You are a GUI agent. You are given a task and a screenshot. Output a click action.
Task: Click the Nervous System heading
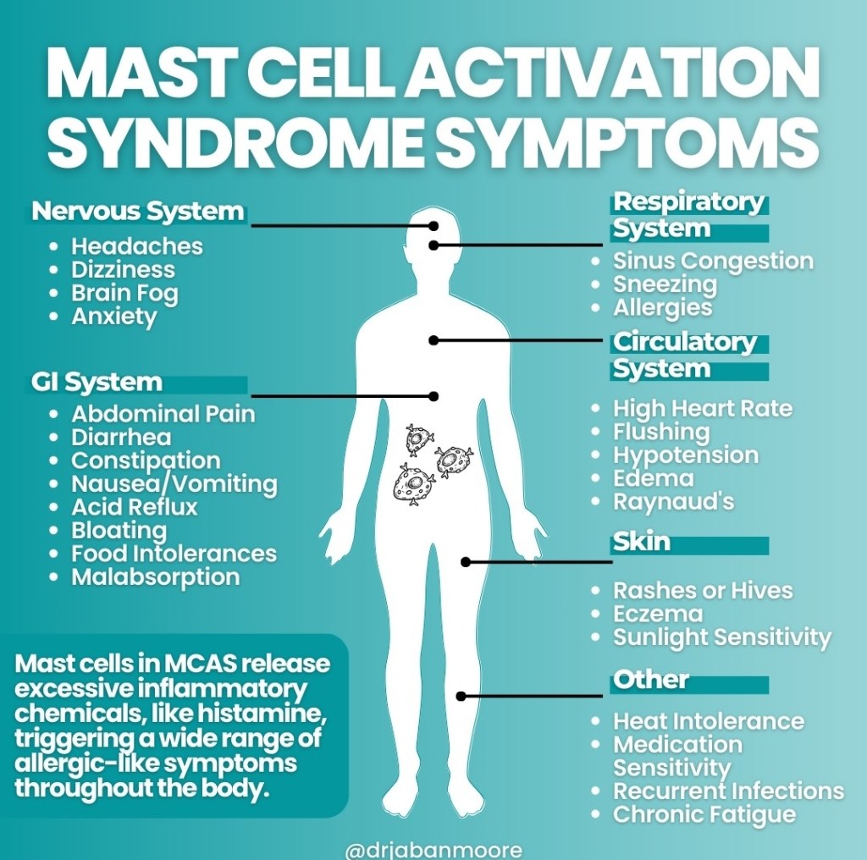tap(138, 211)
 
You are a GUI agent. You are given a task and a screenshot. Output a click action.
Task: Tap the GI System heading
tap(97, 382)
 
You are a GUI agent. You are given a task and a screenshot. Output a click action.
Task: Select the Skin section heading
tap(641, 542)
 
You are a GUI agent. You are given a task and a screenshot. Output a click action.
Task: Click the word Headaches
tap(137, 246)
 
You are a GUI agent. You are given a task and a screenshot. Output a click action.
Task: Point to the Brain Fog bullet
tap(124, 293)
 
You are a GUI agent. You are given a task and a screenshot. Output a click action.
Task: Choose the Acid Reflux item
tap(134, 507)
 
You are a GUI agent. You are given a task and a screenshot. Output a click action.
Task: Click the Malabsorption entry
tap(155, 577)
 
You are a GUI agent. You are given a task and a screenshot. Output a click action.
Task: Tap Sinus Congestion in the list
tap(713, 261)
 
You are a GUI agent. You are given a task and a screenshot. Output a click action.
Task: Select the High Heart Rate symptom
tap(703, 409)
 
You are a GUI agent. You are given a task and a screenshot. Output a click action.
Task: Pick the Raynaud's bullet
tap(673, 502)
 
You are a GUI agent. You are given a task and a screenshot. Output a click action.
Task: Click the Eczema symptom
tap(658, 614)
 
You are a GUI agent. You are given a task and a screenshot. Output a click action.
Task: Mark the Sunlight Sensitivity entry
tap(722, 637)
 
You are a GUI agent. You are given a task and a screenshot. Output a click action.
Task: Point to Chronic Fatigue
tap(704, 814)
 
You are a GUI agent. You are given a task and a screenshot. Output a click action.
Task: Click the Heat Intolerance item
tap(709, 721)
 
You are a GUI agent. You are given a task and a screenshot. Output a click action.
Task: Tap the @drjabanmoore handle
tap(434, 848)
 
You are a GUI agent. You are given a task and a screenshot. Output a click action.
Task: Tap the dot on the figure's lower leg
tap(461, 697)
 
